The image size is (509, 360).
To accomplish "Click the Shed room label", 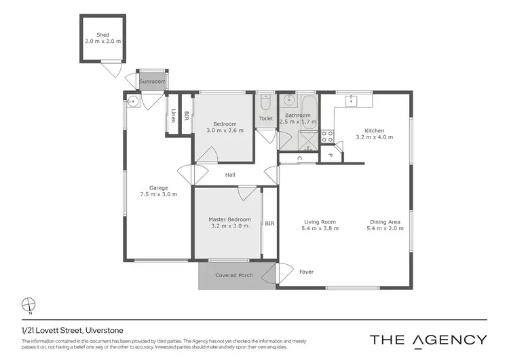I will click(102, 35).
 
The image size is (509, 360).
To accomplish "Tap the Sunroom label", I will click(152, 82).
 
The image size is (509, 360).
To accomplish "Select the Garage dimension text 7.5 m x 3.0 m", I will click(159, 194).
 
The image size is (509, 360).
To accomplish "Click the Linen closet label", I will click(174, 115).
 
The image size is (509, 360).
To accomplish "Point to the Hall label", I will click(231, 175).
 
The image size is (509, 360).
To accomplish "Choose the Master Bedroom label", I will click(229, 219).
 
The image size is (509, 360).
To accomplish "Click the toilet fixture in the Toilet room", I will click(265, 103).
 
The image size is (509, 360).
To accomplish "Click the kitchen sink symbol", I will click(352, 101).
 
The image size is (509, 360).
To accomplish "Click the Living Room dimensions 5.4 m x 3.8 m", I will click(320, 228).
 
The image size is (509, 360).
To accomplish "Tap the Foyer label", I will click(306, 272).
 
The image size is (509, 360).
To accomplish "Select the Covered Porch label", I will click(233, 275).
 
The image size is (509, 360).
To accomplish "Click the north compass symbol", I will click(28, 304).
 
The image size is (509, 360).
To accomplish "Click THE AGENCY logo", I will click(428, 340).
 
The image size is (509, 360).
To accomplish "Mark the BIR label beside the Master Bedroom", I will click(269, 223).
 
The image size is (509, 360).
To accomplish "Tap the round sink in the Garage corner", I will click(134, 103).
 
